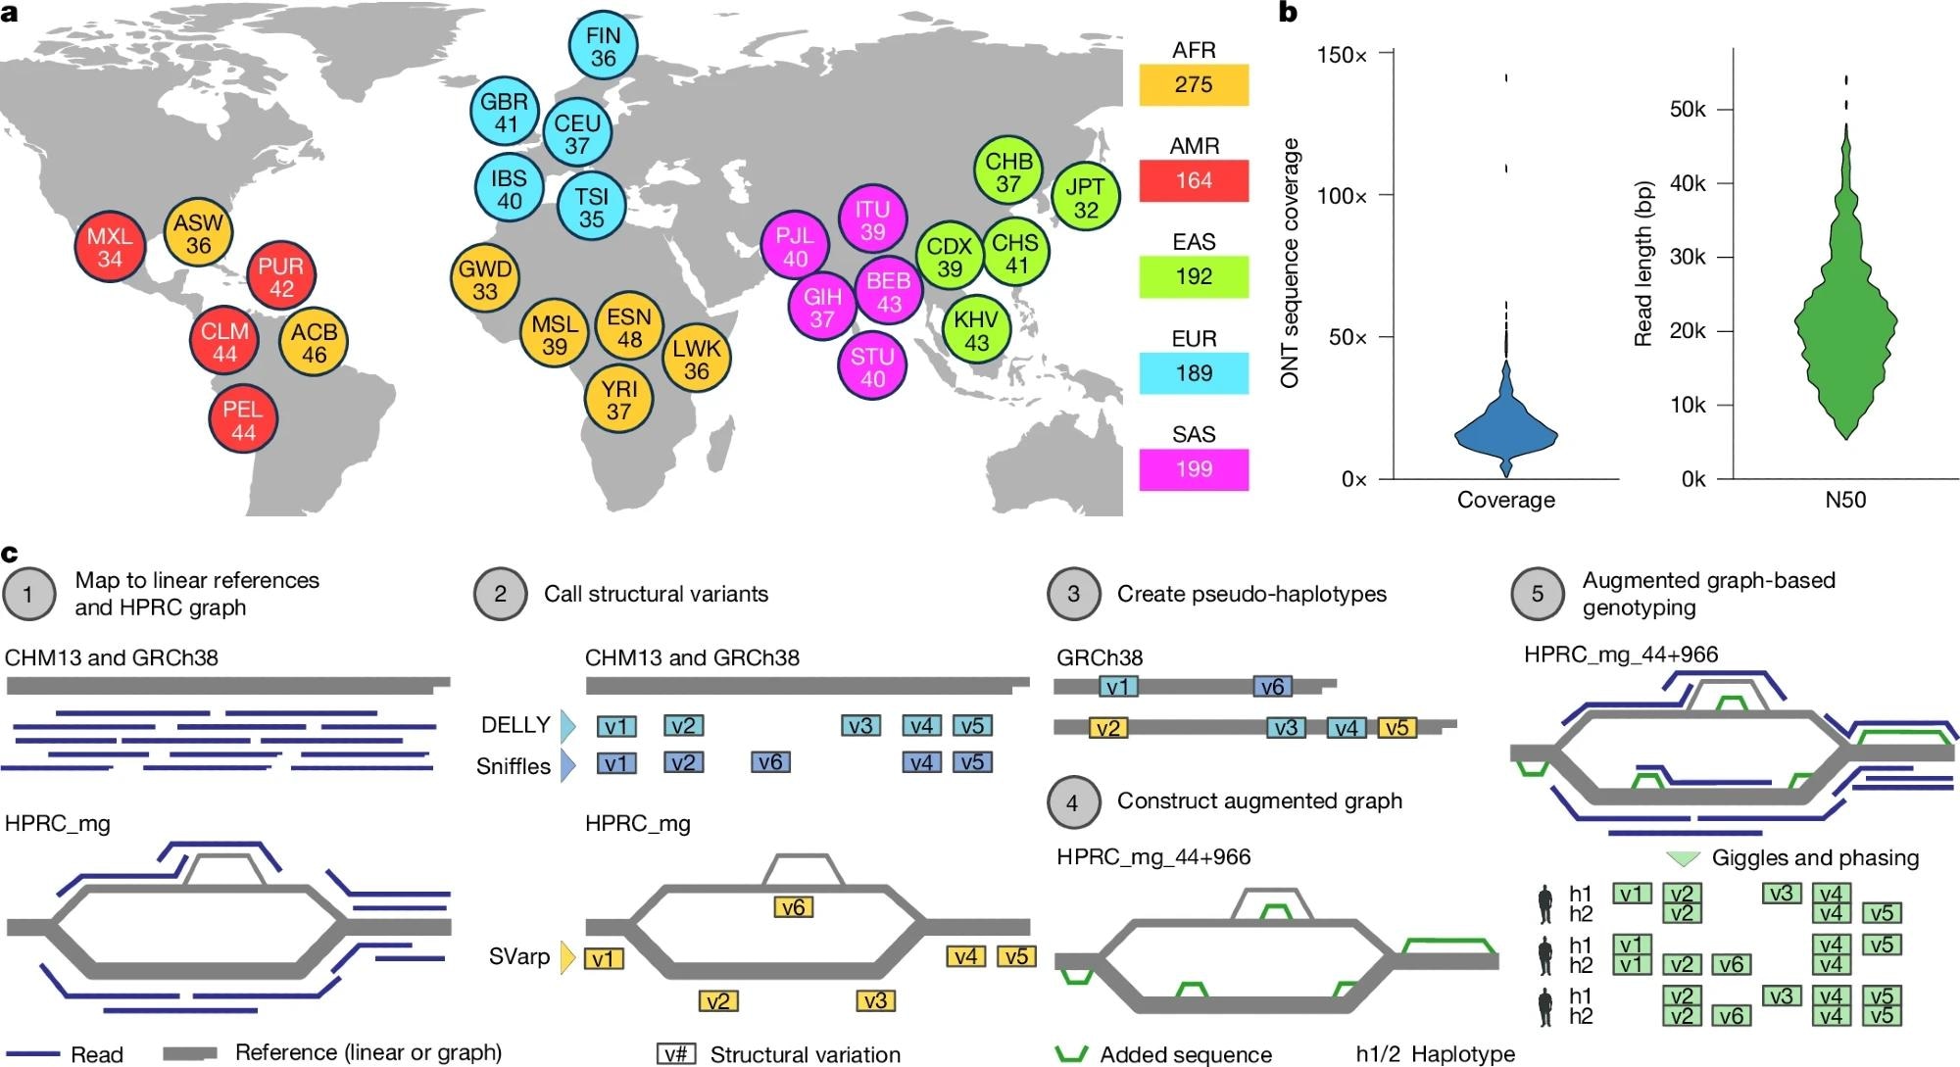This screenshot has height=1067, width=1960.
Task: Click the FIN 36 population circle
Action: pos(603,46)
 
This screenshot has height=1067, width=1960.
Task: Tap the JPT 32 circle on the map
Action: pos(1085,198)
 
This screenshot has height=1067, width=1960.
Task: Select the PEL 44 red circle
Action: pos(243,420)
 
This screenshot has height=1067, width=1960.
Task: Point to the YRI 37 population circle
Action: pos(618,400)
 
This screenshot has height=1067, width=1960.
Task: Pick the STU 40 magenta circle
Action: pos(872,367)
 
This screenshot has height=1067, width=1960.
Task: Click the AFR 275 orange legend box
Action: pos(1194,84)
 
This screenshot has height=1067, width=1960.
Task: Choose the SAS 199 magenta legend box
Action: pos(1194,469)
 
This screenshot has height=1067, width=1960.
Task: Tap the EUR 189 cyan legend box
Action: pos(1194,373)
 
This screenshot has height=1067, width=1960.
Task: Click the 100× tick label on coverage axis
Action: pos(1342,196)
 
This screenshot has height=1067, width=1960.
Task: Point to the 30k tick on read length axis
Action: pos(1688,257)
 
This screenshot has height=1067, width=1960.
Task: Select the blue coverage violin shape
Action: pos(1506,431)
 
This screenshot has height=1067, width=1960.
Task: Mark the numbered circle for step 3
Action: pos(1073,594)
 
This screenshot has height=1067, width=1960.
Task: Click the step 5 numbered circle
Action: pos(1537,594)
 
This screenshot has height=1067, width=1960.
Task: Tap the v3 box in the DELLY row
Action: pos(860,726)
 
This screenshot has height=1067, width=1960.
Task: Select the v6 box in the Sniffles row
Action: pos(770,762)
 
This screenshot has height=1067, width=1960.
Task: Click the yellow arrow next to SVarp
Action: pos(567,957)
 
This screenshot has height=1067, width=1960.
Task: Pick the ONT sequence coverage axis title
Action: pos(1290,263)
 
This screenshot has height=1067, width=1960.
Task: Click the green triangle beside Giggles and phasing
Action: pos(1683,858)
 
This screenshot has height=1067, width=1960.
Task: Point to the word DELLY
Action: pos(515,725)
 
